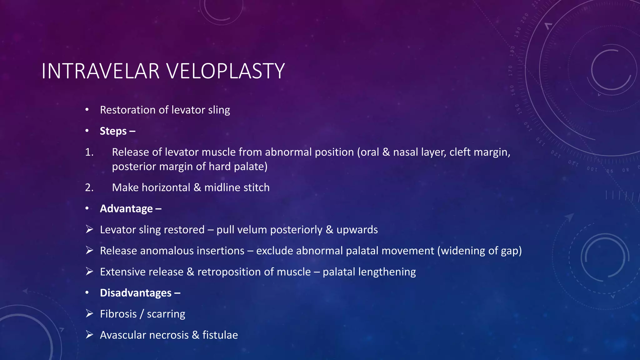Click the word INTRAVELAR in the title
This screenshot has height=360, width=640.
(100, 71)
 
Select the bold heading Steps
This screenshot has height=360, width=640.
(113, 131)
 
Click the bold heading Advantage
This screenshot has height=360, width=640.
(126, 208)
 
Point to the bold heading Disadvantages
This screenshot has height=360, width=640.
(136, 293)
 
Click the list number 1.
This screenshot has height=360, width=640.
(89, 152)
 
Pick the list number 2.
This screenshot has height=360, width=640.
(89, 187)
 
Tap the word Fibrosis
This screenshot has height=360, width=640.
(118, 314)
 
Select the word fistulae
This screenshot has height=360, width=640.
(220, 335)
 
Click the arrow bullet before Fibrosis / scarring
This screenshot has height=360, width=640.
(89, 313)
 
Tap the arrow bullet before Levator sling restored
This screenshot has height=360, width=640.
(89, 229)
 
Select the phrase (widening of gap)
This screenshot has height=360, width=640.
(479, 251)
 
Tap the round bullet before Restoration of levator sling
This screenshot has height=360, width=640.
(87, 110)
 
